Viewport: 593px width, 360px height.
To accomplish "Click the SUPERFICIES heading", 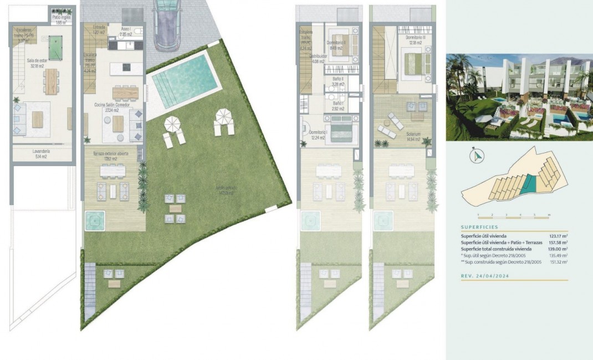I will [479, 227].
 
